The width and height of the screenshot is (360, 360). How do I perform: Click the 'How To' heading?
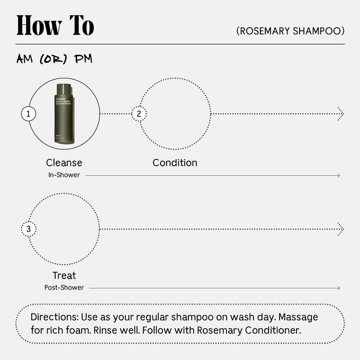click(x=55, y=25)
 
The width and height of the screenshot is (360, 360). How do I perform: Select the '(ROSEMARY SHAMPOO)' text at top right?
click(x=291, y=31)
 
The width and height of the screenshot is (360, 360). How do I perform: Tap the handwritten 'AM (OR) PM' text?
click(x=55, y=59)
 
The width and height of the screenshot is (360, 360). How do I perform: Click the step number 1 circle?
click(x=28, y=113)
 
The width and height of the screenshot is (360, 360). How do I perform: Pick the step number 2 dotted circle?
click(x=139, y=113)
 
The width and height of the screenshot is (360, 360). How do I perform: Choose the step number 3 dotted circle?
click(x=28, y=229)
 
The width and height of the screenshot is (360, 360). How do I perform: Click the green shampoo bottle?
click(x=65, y=113)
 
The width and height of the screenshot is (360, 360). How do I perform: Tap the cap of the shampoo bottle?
click(x=65, y=88)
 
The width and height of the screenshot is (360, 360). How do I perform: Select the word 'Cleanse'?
click(x=64, y=163)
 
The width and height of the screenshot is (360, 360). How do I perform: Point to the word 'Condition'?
click(x=175, y=163)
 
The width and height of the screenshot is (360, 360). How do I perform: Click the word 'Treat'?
click(x=64, y=275)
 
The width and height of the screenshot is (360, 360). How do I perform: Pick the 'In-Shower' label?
click(x=64, y=175)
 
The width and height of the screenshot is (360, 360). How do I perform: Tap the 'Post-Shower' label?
click(x=64, y=288)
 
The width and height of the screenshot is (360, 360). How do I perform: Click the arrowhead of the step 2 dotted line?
click(x=340, y=113)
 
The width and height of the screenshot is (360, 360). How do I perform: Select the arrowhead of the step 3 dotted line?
click(x=340, y=229)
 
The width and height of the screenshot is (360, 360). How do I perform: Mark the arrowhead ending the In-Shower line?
click(x=338, y=175)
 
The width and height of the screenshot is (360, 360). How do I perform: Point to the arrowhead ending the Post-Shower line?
click(x=338, y=288)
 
